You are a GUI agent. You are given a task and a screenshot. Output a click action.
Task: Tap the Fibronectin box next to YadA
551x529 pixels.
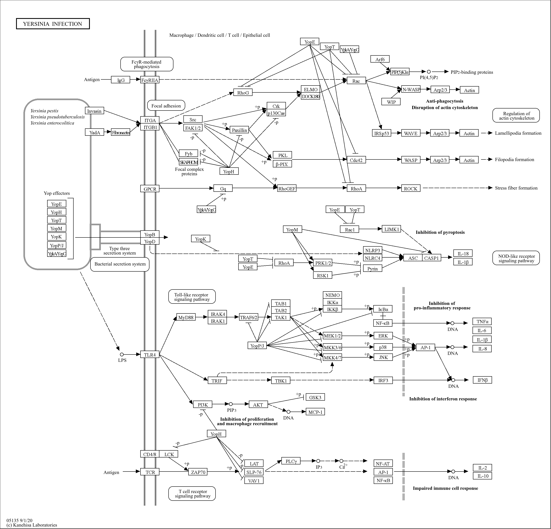[x=121, y=132]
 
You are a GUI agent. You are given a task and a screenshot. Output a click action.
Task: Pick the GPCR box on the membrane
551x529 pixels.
[x=150, y=189]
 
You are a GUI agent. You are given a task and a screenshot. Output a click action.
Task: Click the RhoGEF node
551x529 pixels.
[x=287, y=189]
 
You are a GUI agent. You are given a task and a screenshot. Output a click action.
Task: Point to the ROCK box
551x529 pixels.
[x=411, y=188]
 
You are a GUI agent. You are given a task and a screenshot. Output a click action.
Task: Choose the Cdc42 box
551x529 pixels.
[x=356, y=160]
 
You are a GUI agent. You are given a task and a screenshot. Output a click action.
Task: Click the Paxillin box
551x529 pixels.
[x=240, y=130]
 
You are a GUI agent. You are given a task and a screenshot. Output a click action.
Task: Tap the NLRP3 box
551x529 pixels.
[x=373, y=250]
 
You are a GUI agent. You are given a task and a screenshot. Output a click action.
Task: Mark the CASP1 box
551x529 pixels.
[x=431, y=258]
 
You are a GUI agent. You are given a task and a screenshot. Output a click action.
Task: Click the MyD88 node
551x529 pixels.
[x=186, y=317]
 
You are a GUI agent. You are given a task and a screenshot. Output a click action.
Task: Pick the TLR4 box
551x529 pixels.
[x=150, y=354]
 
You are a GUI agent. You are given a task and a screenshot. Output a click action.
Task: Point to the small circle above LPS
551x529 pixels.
[x=122, y=354]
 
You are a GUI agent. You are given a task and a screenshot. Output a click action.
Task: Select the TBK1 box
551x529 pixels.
[x=281, y=380]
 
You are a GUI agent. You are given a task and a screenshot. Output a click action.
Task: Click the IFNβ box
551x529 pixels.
[x=482, y=380]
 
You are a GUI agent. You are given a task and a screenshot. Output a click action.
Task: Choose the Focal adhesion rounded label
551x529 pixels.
[x=166, y=106]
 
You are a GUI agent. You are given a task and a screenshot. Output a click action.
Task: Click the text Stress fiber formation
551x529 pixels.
[x=516, y=188]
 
